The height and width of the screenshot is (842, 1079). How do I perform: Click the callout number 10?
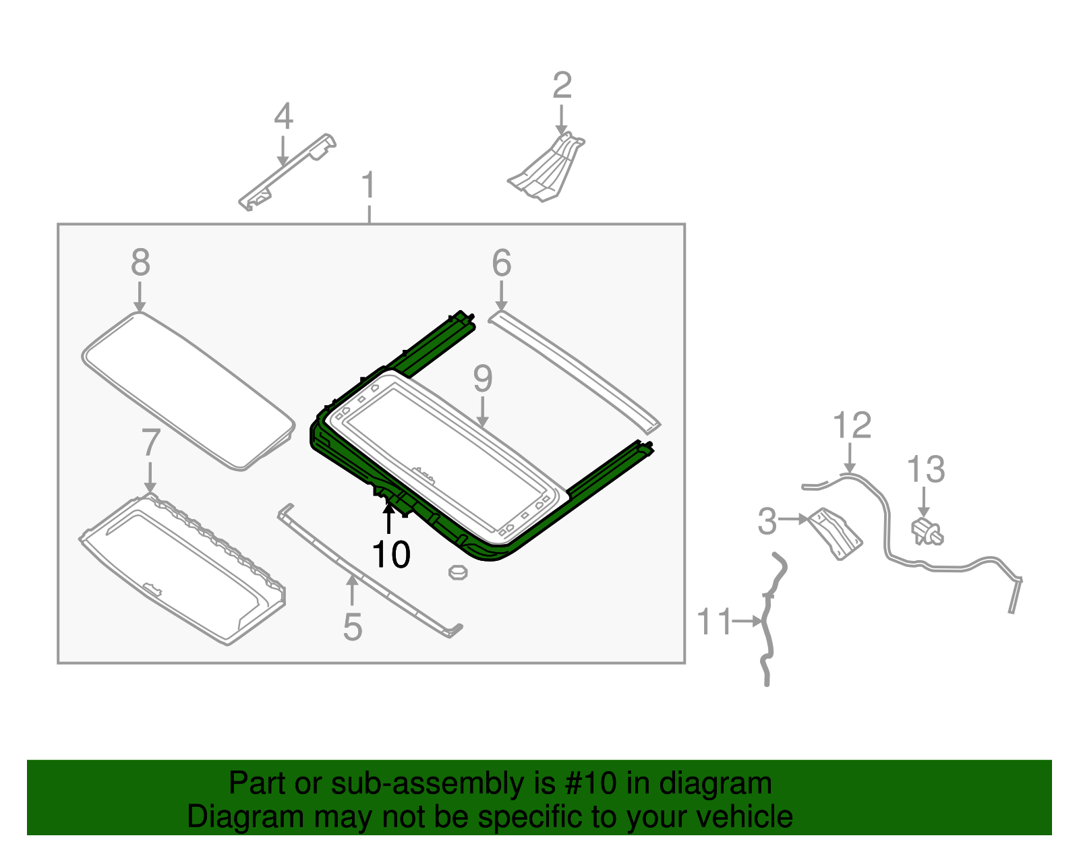(390, 554)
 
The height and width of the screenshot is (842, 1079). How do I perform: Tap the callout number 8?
(140, 262)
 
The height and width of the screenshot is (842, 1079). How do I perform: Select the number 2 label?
(562, 86)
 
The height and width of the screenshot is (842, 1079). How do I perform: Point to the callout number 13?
(925, 469)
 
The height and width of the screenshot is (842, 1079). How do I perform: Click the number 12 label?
(852, 425)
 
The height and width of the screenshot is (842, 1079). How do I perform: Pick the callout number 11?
(715, 621)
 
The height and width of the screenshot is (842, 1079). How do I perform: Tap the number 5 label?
(353, 627)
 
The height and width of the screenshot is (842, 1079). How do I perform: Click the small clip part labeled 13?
(927, 531)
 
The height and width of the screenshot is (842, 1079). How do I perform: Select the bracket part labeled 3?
(835, 534)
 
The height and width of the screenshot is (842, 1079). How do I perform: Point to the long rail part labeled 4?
(287, 172)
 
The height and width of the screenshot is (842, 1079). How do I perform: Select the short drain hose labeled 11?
(769, 620)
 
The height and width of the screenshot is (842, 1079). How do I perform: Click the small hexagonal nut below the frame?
(458, 572)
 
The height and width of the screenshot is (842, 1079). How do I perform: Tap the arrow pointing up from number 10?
(389, 518)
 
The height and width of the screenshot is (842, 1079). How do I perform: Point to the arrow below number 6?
(502, 296)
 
